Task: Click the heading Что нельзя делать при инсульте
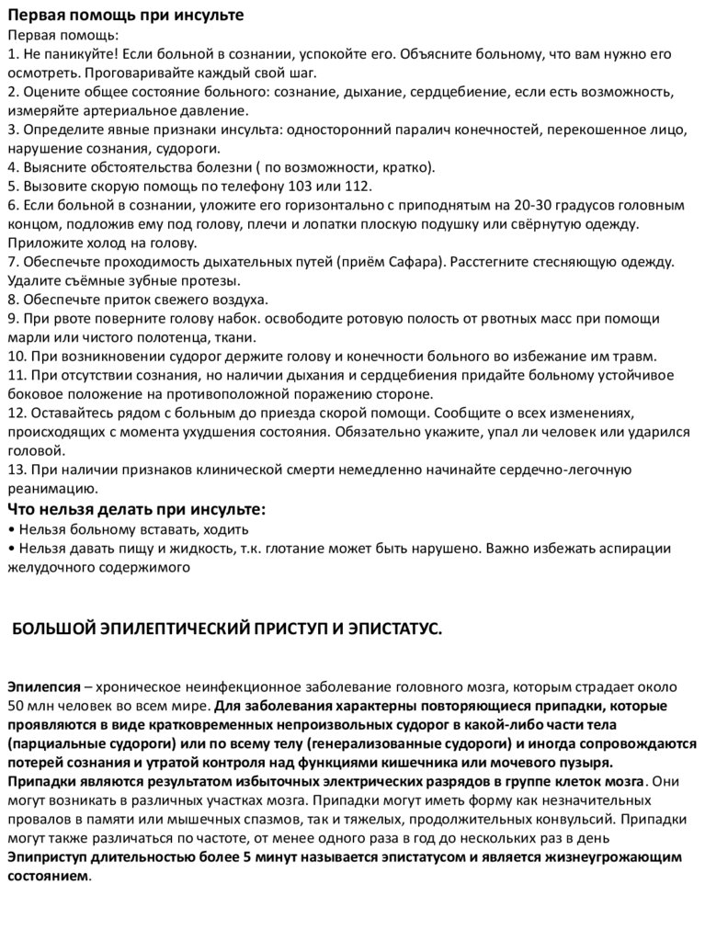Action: pos(136,509)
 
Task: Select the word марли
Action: pos(28,337)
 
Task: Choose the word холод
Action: pos(97,243)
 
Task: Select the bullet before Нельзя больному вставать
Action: pos(11,529)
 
